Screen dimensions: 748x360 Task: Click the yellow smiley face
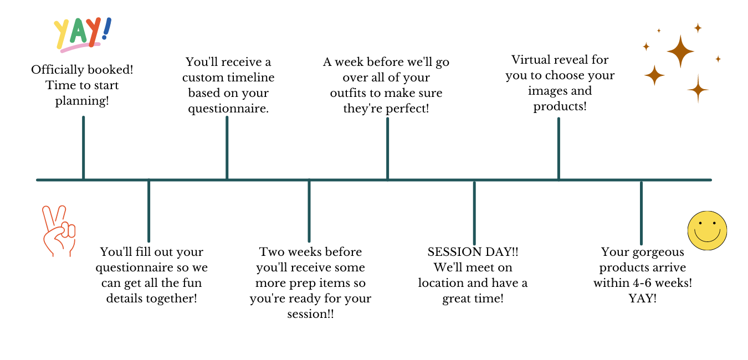pos(707,230)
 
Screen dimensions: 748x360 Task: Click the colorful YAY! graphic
pos(82,34)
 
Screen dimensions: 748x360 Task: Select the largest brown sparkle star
pos(680,52)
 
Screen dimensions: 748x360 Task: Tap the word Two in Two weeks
pos(271,252)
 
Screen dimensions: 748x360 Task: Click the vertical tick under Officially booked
pos(83,147)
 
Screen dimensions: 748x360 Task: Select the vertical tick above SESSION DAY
pos(474,212)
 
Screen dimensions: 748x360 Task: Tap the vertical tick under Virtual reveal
pos(559,148)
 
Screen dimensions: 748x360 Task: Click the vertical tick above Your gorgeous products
pos(641,212)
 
